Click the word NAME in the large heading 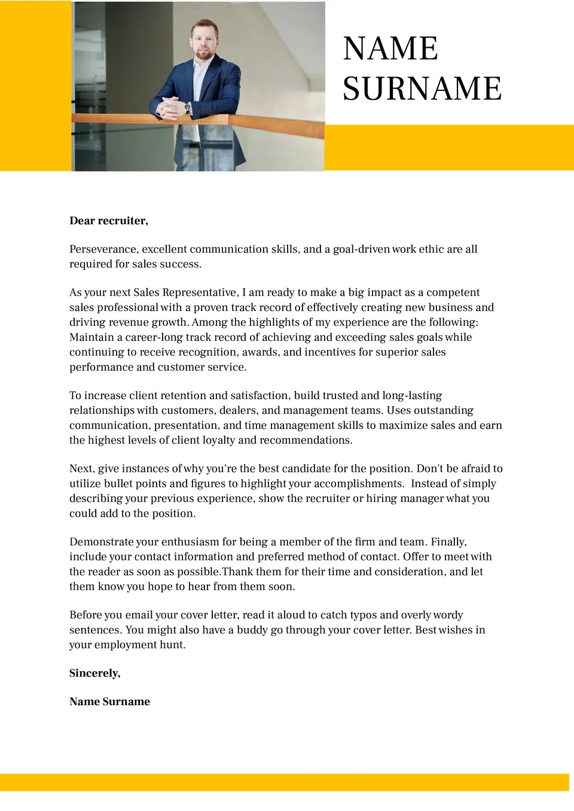click(390, 48)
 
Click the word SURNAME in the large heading click(422, 89)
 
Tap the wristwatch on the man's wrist click(188, 108)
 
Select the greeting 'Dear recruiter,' click(109, 221)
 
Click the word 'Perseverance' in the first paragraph click(102, 249)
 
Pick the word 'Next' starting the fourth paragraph click(81, 468)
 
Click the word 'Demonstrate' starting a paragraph click(102, 542)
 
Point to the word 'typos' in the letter click(363, 615)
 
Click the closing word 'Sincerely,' click(95, 673)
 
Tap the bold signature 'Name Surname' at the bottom click(109, 702)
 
